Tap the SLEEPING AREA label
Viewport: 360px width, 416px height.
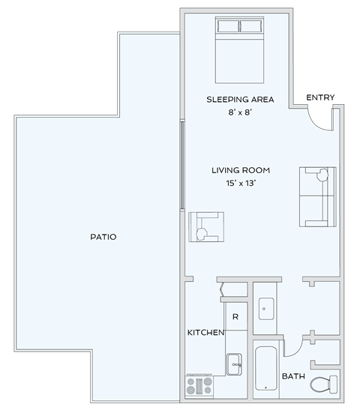pos(240,100)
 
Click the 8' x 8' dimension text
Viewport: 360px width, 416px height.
pos(240,112)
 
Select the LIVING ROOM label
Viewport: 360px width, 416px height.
pos(240,170)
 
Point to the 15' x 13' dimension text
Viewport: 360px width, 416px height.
pos(240,183)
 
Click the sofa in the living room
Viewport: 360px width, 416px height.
pos(317,196)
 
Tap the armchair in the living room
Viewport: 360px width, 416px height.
pos(206,227)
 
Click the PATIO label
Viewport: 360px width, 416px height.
pos(103,237)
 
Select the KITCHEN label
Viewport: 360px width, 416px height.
pos(205,332)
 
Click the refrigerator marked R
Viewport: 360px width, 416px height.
pos(235,317)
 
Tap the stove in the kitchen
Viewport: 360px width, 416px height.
pos(199,385)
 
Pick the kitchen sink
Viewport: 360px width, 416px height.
pos(235,365)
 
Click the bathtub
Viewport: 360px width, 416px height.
pos(267,368)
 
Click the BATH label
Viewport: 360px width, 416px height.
pos(293,376)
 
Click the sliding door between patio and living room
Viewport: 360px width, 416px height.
pos(183,166)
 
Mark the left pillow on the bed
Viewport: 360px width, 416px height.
pos(227,27)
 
